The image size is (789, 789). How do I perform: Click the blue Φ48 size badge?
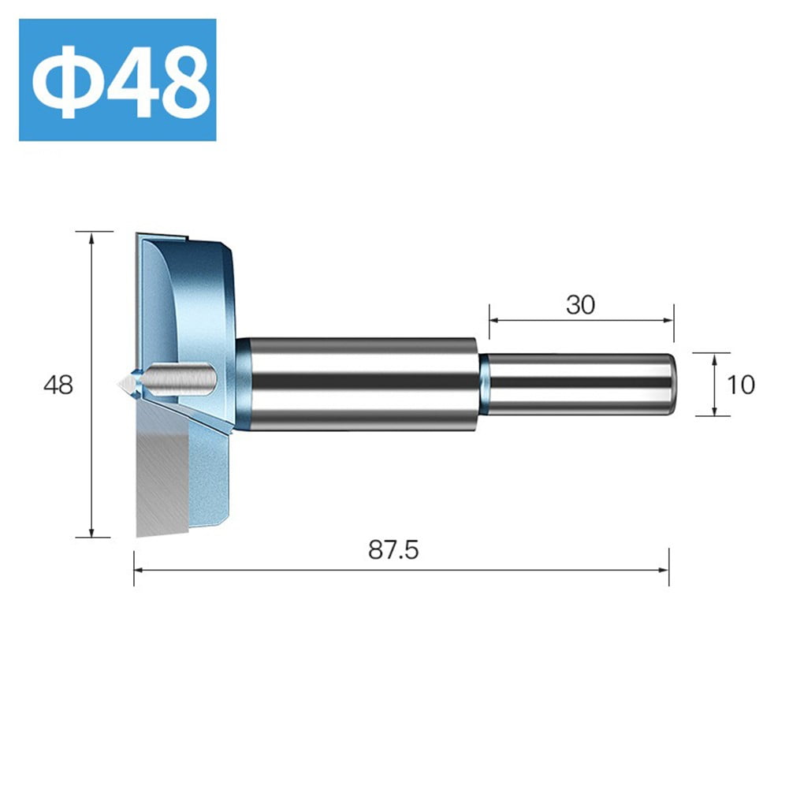117,80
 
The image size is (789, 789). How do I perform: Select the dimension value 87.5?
393,550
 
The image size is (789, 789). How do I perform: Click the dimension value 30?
580,305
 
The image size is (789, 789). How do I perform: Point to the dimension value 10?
741,384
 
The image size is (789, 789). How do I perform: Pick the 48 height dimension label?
58,385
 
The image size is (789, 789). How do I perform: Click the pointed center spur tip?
122,384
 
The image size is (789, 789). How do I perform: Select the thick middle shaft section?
359,384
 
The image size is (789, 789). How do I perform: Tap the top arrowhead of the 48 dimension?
92,237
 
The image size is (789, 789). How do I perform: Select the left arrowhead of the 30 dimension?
494,320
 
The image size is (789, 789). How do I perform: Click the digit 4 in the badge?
130,81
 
